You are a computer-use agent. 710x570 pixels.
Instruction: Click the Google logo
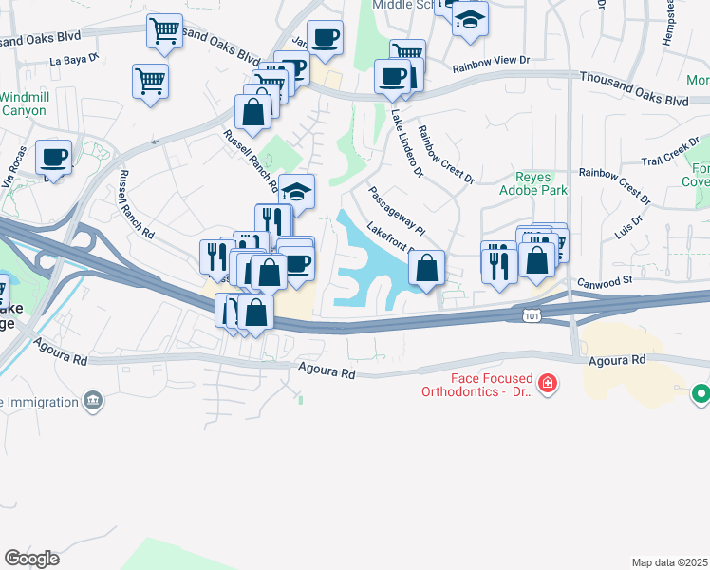[31, 559]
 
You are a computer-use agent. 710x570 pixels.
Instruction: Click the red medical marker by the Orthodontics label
[547, 384]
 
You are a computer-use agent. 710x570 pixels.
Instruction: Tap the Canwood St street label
[606, 280]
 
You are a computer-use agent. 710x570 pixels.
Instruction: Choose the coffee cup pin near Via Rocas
[54, 156]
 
